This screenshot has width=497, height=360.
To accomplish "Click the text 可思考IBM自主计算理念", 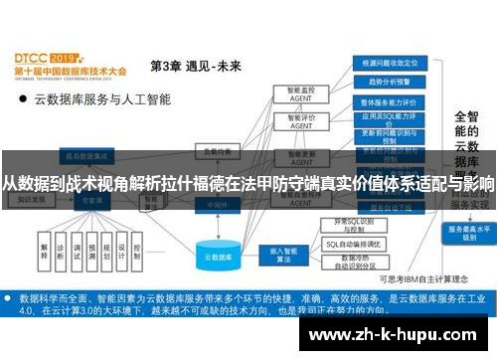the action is [422, 278].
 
